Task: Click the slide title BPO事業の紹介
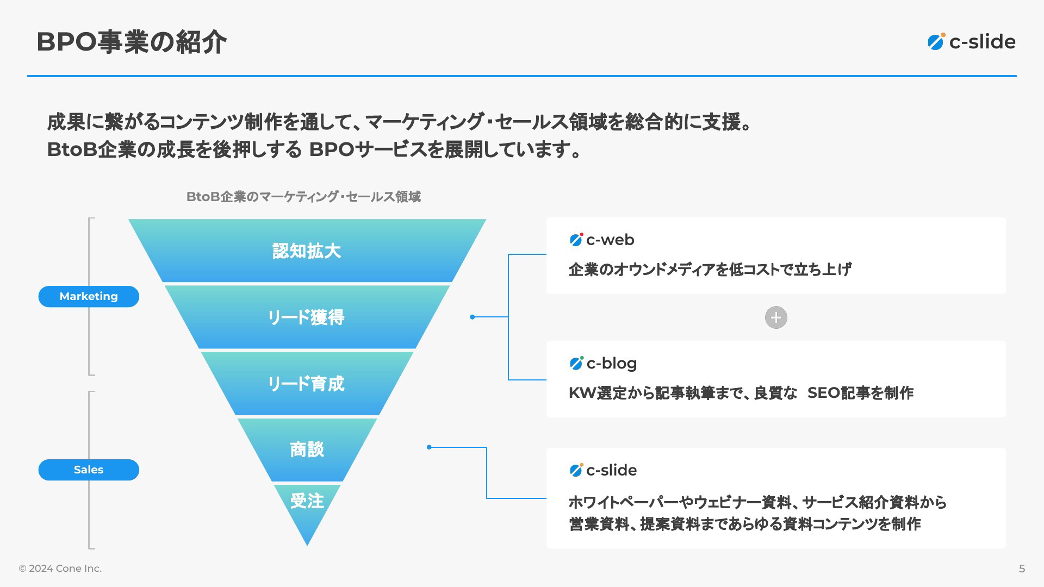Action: [x=131, y=42]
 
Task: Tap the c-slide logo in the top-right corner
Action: [x=971, y=42]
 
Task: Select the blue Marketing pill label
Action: [x=89, y=296]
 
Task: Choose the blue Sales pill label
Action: [x=89, y=470]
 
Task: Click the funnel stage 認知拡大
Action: [x=307, y=251]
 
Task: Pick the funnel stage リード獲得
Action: [x=307, y=317]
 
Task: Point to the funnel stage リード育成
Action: [x=307, y=383]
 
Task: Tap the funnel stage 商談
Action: [x=307, y=449]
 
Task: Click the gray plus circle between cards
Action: [x=776, y=317]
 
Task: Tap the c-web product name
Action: [x=610, y=240]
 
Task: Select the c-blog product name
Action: [x=611, y=364]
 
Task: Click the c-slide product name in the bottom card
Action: [x=611, y=470]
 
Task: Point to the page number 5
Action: [x=1022, y=569]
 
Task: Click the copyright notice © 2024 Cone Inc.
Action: [x=60, y=569]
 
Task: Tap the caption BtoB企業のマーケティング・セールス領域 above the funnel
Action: [x=303, y=197]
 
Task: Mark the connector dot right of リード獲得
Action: [x=473, y=317]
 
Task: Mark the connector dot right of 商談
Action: [x=429, y=447]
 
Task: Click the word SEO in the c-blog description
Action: [x=824, y=393]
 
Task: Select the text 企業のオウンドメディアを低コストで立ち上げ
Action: [x=710, y=270]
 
